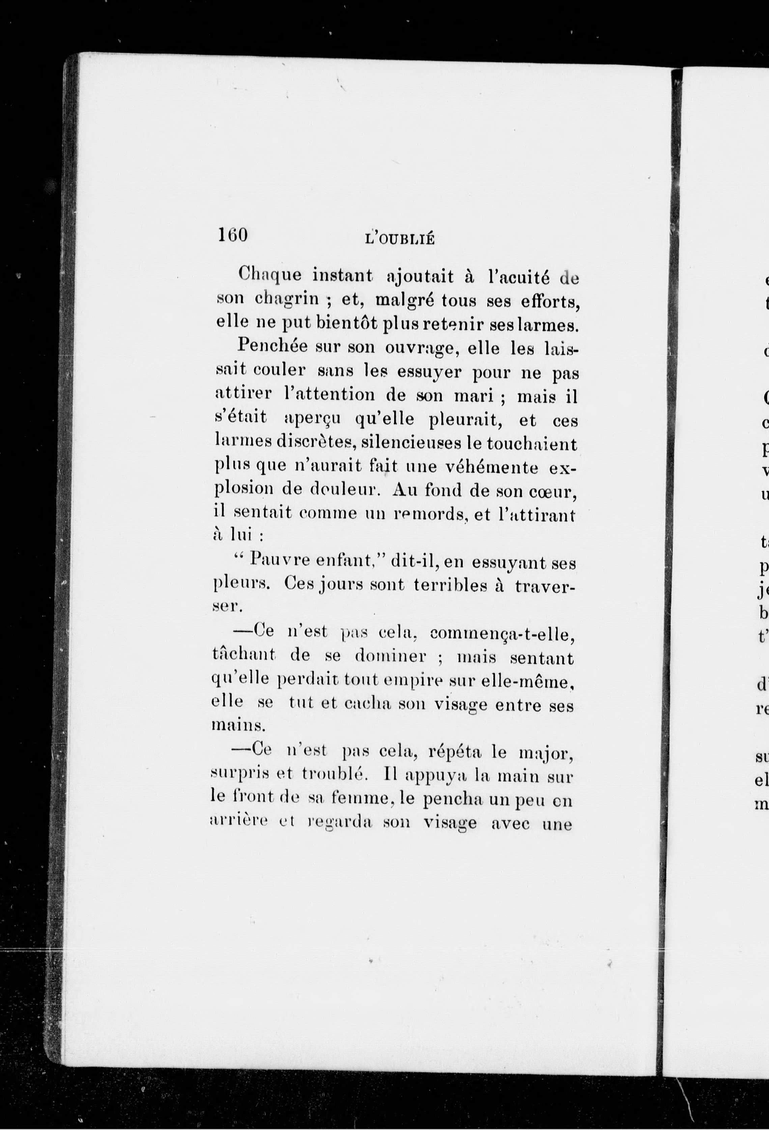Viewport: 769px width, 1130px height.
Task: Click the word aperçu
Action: (312, 419)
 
